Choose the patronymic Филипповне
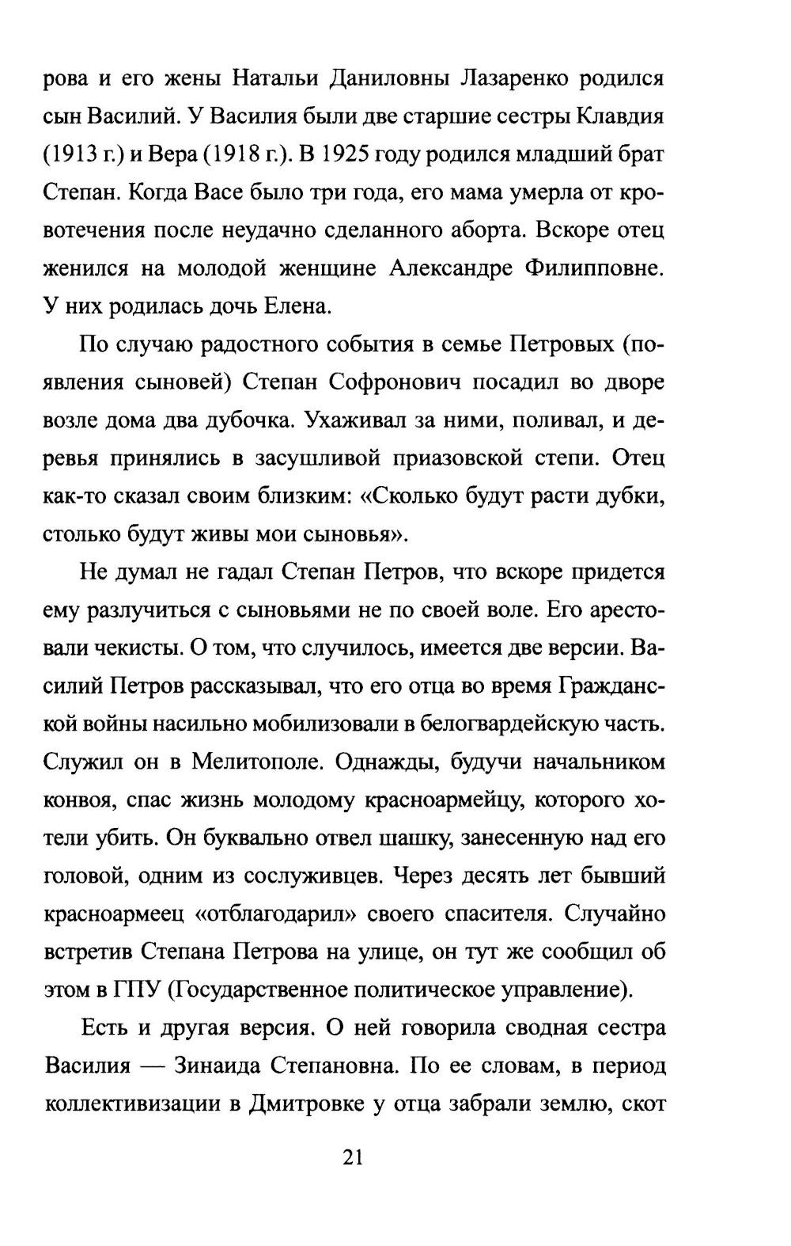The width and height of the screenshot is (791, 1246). point(593,268)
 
